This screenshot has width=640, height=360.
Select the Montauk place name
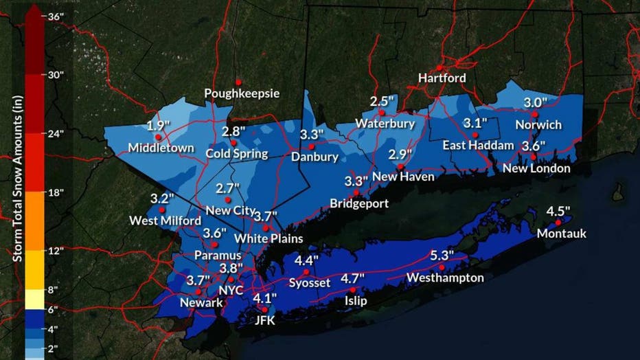click(x=562, y=234)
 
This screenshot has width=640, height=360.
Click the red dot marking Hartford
click(x=439, y=67)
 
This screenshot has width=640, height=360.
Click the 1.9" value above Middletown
click(x=159, y=126)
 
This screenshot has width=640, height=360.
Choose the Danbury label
click(x=315, y=157)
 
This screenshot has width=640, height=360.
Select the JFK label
click(x=263, y=319)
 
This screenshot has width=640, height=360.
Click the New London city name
click(x=536, y=168)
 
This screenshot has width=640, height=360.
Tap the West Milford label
click(x=165, y=221)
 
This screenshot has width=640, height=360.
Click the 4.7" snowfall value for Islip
click(x=353, y=278)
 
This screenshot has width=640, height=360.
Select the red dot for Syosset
click(x=306, y=272)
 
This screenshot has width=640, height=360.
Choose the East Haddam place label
click(x=478, y=145)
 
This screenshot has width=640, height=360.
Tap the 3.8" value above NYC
click(x=231, y=268)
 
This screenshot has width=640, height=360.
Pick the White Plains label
click(x=268, y=238)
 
